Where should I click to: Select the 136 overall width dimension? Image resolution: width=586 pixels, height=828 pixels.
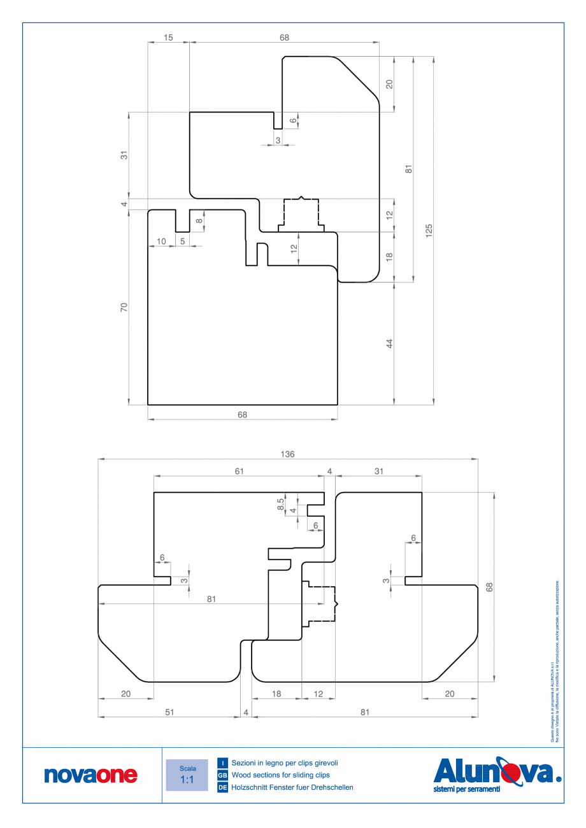tap(288, 454)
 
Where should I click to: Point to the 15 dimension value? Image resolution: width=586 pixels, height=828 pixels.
tap(168, 38)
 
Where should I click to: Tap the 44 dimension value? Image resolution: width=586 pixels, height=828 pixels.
tap(389, 344)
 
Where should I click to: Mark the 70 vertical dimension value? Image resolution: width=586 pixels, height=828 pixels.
tap(124, 307)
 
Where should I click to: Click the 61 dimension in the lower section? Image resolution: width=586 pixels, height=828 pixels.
tap(239, 471)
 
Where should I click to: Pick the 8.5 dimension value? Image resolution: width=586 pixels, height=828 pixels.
tap(281, 503)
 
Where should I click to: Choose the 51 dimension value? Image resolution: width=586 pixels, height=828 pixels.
tap(169, 713)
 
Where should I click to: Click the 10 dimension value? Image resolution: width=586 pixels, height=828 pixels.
tap(161, 241)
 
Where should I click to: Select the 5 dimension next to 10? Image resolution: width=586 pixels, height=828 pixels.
tap(182, 241)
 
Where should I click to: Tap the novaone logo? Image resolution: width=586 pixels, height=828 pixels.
tap(90, 775)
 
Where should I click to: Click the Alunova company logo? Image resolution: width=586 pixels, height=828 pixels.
tap(497, 774)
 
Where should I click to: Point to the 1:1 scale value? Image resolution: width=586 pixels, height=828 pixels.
tap(187, 780)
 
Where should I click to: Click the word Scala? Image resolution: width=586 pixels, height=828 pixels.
tap(187, 768)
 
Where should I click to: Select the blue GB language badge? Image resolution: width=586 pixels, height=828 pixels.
tap(223, 775)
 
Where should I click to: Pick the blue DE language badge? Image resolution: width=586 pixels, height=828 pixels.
tap(223, 788)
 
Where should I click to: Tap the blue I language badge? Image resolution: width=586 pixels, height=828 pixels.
tap(223, 762)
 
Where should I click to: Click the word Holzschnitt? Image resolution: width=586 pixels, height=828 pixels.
tap(252, 788)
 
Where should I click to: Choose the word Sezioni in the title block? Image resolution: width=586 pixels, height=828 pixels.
tap(245, 762)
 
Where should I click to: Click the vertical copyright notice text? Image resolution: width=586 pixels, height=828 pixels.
tap(554, 662)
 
